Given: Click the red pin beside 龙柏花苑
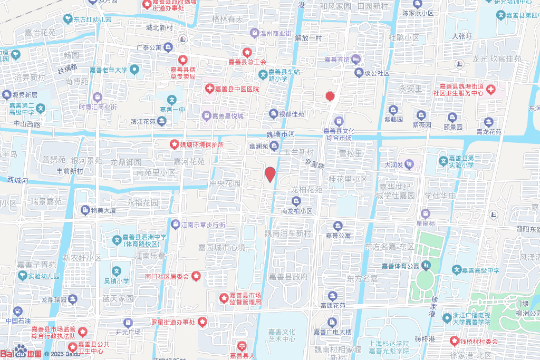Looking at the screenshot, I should click(270, 174).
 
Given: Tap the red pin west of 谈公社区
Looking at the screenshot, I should click(330, 96).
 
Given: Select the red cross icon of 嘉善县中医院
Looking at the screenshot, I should click(209, 89).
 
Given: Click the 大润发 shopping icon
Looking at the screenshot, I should click(409, 165).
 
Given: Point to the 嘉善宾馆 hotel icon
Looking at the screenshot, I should click(356, 60).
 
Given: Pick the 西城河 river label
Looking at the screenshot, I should click(17, 180).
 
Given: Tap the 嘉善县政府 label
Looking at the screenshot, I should click(288, 277).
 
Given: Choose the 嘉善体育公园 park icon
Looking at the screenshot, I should click(425, 265).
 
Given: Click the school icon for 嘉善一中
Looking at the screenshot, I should click(172, 99).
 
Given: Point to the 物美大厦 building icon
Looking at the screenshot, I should click(85, 210).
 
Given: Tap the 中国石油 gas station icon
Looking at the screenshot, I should click(18, 312).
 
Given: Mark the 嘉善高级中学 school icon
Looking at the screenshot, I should click(456, 270).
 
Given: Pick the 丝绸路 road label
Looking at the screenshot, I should click(67, 67).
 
